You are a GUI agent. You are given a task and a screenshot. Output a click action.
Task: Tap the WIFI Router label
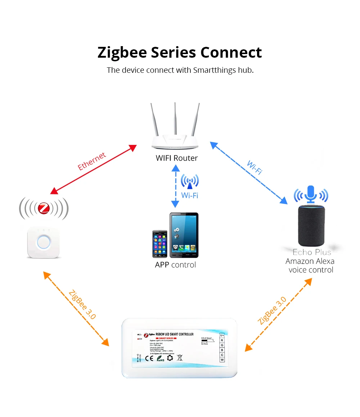[176, 158]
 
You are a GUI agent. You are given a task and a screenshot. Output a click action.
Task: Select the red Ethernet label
[92, 161]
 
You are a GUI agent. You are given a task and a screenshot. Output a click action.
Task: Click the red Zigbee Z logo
[44, 208]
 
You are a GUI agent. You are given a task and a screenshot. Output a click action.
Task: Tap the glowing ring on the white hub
[44, 242]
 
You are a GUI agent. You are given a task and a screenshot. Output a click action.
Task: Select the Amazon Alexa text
[310, 261]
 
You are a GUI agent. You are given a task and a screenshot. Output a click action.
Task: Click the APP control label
[175, 265]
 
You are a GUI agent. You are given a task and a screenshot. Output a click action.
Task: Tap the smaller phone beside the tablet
[159, 244]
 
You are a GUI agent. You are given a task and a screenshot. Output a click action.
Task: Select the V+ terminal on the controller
[222, 335]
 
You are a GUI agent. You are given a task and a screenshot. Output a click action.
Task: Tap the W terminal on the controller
[222, 360]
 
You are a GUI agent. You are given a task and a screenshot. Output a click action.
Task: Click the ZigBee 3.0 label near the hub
[82, 305]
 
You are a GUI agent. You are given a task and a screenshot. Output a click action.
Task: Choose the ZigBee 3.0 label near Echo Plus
[272, 311]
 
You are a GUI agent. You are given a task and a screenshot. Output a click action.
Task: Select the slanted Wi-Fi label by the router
[254, 167]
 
